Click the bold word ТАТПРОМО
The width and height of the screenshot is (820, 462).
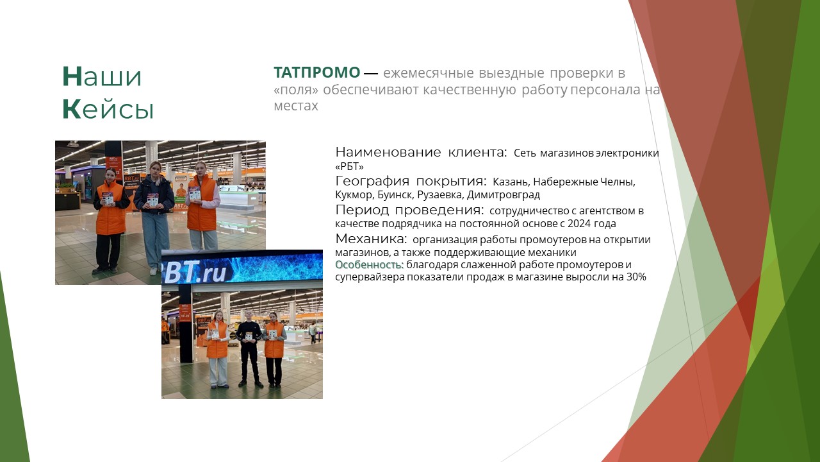[317, 73]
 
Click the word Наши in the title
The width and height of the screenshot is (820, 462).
[102, 76]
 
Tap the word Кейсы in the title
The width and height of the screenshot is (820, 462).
[108, 109]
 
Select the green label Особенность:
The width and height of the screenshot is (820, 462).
[370, 264]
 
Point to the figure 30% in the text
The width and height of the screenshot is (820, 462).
[636, 277]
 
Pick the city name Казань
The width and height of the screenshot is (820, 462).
[511, 182]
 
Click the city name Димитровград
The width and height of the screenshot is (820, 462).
[504, 194]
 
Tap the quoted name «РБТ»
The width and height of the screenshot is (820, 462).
[350, 167]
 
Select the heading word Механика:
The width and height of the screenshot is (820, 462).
[371, 239]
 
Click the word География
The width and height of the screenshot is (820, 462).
[372, 181]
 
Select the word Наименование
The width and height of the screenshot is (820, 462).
[388, 152]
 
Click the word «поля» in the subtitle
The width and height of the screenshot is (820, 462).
[296, 90]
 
